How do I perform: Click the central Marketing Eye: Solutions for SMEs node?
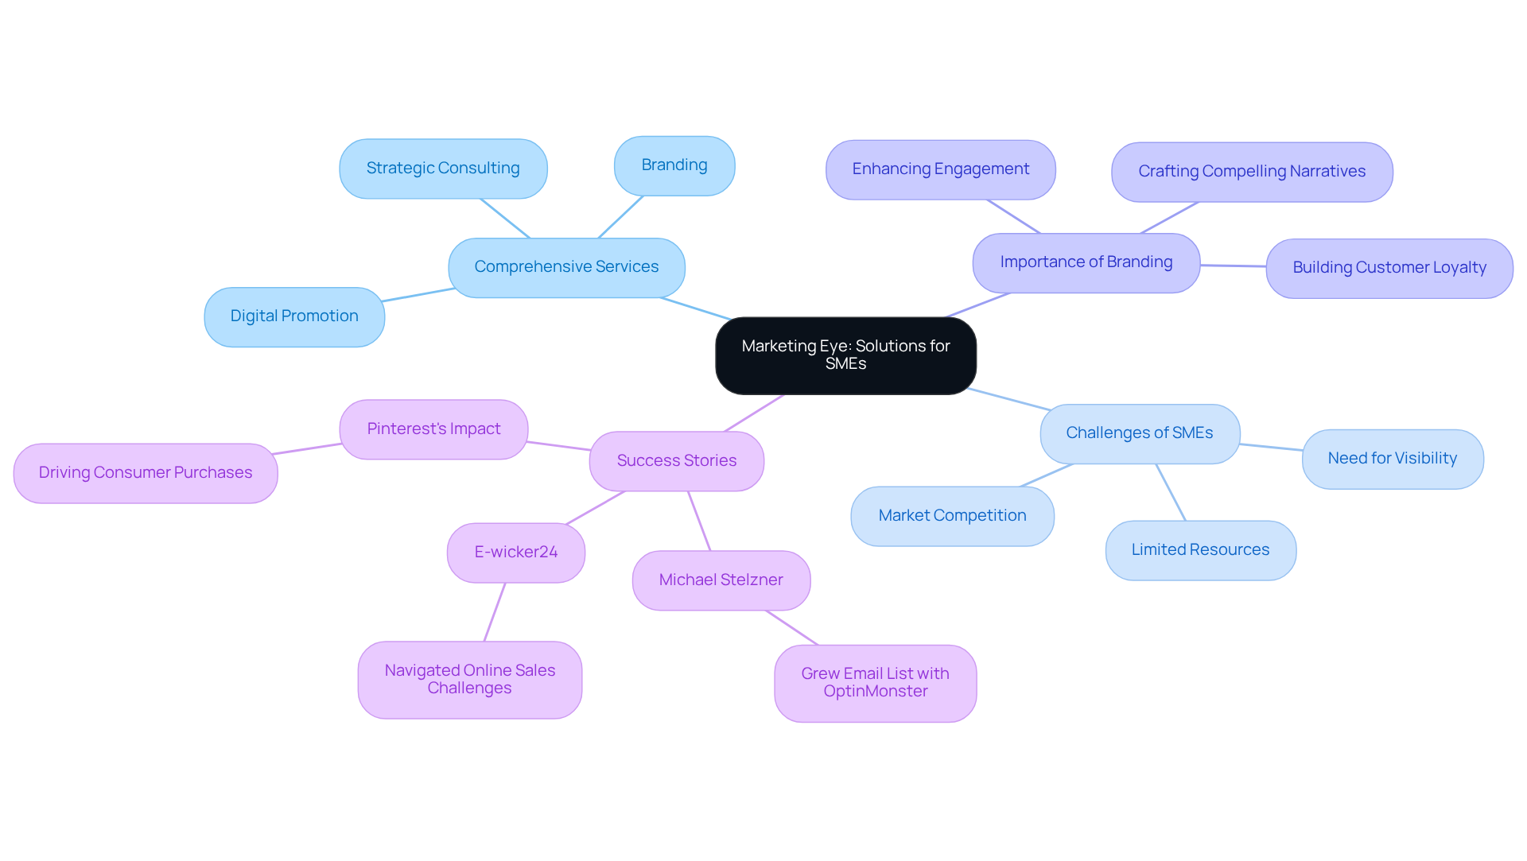(845, 355)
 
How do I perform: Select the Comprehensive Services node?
(566, 267)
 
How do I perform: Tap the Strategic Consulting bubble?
(443, 169)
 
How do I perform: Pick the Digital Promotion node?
(294, 316)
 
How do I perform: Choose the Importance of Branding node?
(1086, 262)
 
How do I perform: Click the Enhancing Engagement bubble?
(940, 169)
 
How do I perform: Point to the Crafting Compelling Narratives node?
(1251, 172)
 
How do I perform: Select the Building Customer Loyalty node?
(1389, 268)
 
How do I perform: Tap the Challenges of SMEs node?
(1139, 433)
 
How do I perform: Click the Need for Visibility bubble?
(1392, 459)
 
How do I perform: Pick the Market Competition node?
(952, 516)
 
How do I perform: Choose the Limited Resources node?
(1200, 550)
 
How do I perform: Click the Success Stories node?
(676, 461)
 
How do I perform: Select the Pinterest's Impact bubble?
(433, 429)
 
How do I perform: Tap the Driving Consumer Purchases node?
(146, 473)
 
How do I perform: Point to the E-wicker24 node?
(515, 553)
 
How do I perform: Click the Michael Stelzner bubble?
(721, 580)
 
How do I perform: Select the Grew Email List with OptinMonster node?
(875, 683)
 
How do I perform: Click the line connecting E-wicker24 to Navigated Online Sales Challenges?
(495, 612)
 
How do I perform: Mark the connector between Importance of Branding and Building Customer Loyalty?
(1233, 266)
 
